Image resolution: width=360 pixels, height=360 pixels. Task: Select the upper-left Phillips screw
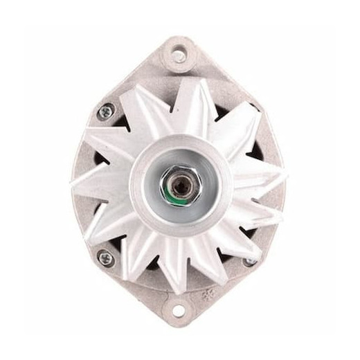pyautogui.click(x=106, y=111)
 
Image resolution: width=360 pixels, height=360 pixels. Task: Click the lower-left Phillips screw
pyautogui.click(x=106, y=258)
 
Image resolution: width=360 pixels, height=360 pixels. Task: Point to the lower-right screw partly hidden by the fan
pyautogui.click(x=249, y=262)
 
